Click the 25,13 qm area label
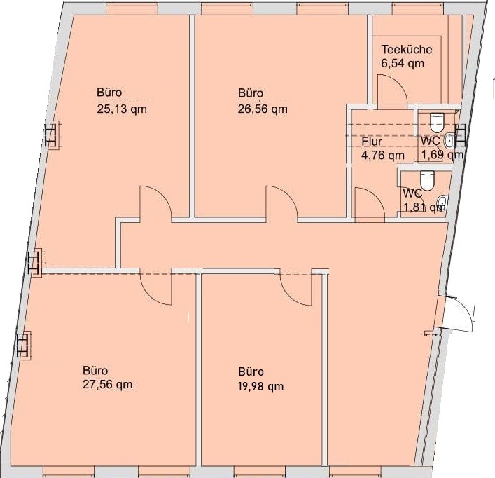[122, 109]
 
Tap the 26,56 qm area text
[263, 109]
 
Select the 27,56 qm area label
[108, 385]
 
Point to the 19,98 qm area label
[260, 386]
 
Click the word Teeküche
[407, 49]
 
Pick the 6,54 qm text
[403, 64]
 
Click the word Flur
[372, 142]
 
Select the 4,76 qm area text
[382, 156]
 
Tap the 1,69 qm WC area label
[442, 155]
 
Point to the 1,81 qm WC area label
[425, 207]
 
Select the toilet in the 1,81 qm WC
[428, 181]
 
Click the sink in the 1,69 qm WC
[449, 141]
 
